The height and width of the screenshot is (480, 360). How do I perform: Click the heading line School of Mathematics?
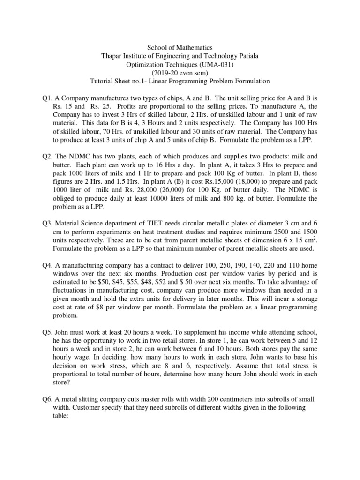click(180, 47)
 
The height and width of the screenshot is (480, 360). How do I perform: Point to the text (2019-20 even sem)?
click(180, 73)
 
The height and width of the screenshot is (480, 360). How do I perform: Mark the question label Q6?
click(47, 398)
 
